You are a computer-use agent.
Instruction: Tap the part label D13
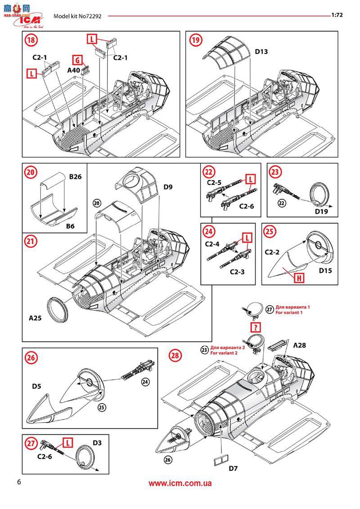(261, 52)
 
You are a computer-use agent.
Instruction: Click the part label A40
(74, 71)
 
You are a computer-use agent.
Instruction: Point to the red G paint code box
(77, 59)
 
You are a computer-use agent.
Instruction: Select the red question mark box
(256, 327)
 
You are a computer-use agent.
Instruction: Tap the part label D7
(233, 468)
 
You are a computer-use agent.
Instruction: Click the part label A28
(300, 346)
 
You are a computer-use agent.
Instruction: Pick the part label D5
(37, 386)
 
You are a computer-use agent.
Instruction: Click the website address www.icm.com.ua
(180, 483)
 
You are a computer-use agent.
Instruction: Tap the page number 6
(18, 482)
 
